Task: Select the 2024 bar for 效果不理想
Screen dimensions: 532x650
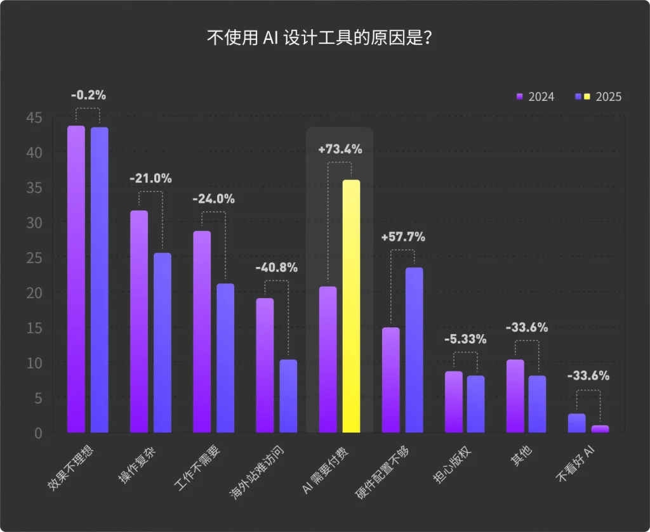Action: click(x=76, y=279)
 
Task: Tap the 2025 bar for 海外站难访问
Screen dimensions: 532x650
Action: click(x=288, y=396)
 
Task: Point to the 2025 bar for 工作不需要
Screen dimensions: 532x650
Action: click(x=225, y=358)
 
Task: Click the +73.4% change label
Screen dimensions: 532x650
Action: click(x=340, y=150)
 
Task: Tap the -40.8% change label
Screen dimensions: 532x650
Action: click(x=276, y=268)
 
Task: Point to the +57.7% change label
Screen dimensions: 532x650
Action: click(x=402, y=237)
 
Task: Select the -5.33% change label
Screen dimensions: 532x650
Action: click(x=465, y=339)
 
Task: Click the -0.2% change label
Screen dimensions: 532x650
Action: click(x=88, y=95)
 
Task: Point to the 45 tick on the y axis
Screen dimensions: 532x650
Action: click(x=34, y=117)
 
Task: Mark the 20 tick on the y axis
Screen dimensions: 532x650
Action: click(x=34, y=292)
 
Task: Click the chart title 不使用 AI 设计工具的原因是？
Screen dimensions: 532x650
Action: click(x=321, y=37)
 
